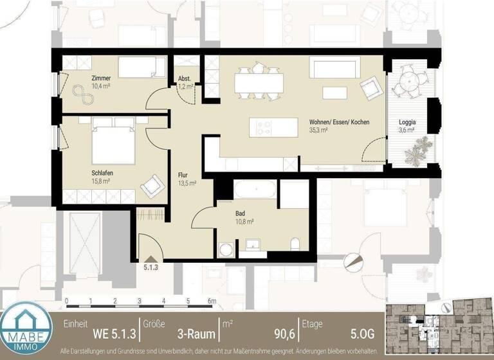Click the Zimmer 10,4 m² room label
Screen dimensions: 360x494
click(83, 82)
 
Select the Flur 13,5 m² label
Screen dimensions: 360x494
click(187, 178)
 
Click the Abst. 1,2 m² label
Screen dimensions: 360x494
click(185, 82)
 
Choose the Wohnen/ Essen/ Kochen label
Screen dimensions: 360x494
click(339, 125)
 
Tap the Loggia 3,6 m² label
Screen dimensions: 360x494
click(407, 125)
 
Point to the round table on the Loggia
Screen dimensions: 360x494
click(409, 82)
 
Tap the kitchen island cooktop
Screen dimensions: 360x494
click(264, 127)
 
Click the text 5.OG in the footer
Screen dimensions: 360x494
click(360, 334)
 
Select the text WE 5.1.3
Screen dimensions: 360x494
click(114, 334)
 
